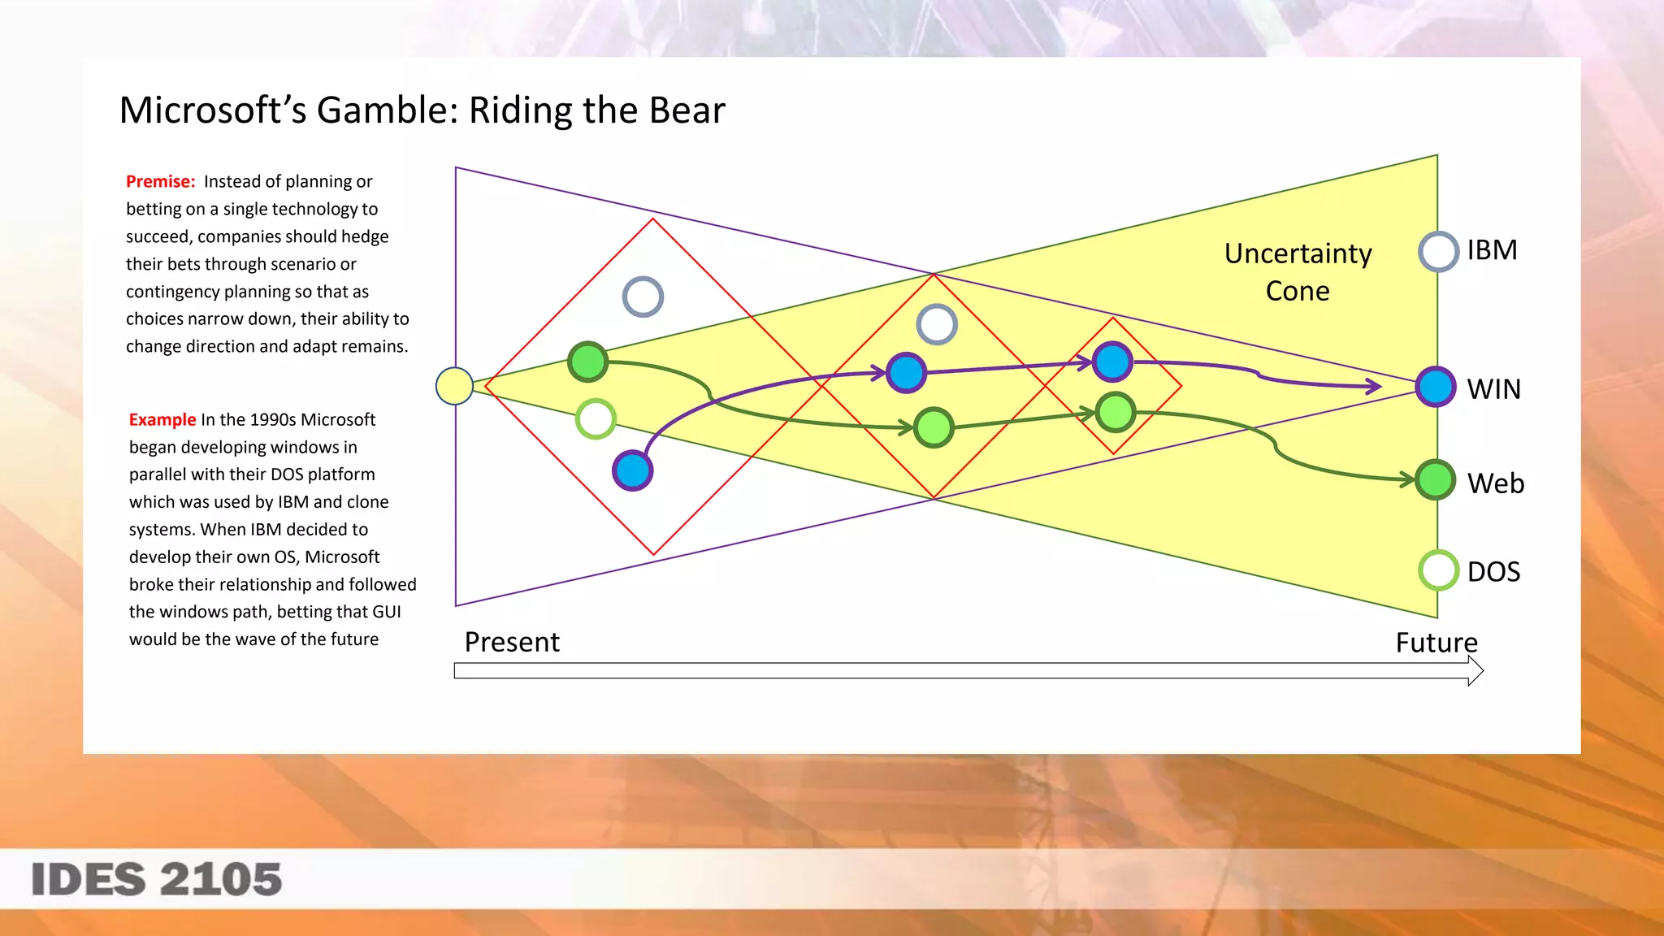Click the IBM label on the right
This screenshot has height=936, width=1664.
click(x=1492, y=250)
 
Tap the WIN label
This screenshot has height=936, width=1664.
click(x=1493, y=389)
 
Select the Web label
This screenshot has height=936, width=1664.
click(x=1495, y=483)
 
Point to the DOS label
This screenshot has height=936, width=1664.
click(x=1493, y=572)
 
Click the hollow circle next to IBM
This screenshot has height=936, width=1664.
click(x=1438, y=252)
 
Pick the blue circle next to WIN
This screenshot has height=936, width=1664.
click(x=1436, y=387)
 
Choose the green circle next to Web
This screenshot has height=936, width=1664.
click(x=1436, y=479)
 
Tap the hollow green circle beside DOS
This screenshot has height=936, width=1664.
click(x=1438, y=570)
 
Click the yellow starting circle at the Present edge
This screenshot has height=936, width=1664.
click(x=454, y=386)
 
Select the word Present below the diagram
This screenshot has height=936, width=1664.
click(x=512, y=643)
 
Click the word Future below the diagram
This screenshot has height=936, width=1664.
click(x=1436, y=643)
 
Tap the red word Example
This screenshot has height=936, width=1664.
click(x=162, y=420)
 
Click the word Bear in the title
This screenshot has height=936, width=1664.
click(x=687, y=110)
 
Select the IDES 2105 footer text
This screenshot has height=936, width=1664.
click(x=157, y=880)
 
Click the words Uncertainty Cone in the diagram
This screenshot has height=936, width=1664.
click(x=1298, y=272)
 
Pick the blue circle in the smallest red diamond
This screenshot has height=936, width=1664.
click(x=1112, y=362)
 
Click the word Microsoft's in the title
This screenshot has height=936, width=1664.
click(x=213, y=110)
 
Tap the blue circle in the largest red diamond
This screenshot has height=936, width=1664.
click(x=633, y=470)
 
